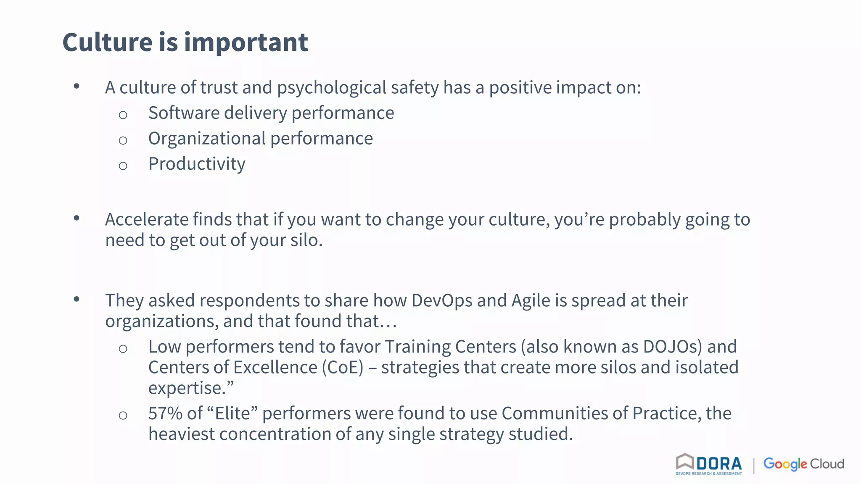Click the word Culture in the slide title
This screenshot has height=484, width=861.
(x=107, y=42)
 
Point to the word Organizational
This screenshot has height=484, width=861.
(x=207, y=139)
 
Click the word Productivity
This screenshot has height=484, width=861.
(x=197, y=164)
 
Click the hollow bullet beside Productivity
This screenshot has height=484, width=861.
(x=123, y=166)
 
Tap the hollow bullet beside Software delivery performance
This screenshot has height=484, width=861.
(x=123, y=115)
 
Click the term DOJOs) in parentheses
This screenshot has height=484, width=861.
(x=672, y=347)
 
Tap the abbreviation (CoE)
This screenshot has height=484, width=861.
(x=343, y=368)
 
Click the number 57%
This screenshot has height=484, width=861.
(x=165, y=414)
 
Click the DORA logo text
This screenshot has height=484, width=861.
(x=719, y=464)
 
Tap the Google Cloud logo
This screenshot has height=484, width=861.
(x=803, y=464)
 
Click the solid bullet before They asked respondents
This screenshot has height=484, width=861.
(x=77, y=299)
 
